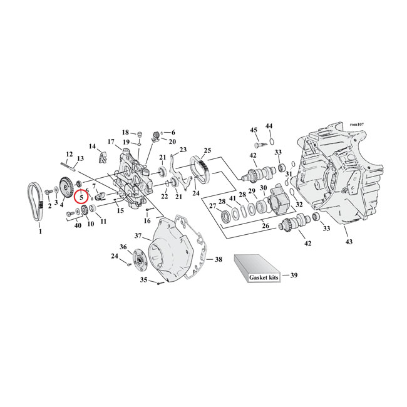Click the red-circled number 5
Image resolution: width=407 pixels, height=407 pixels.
81,197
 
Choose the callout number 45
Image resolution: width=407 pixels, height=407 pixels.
254,130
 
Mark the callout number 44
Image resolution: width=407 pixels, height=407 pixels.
269,126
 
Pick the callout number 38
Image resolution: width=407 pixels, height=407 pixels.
218,259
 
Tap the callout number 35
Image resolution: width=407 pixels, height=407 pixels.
143,281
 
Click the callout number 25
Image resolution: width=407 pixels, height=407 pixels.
207,150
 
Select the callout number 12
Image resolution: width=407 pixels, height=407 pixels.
69,153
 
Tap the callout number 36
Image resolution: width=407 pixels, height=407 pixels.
123,247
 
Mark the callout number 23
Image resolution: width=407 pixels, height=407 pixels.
183,150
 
